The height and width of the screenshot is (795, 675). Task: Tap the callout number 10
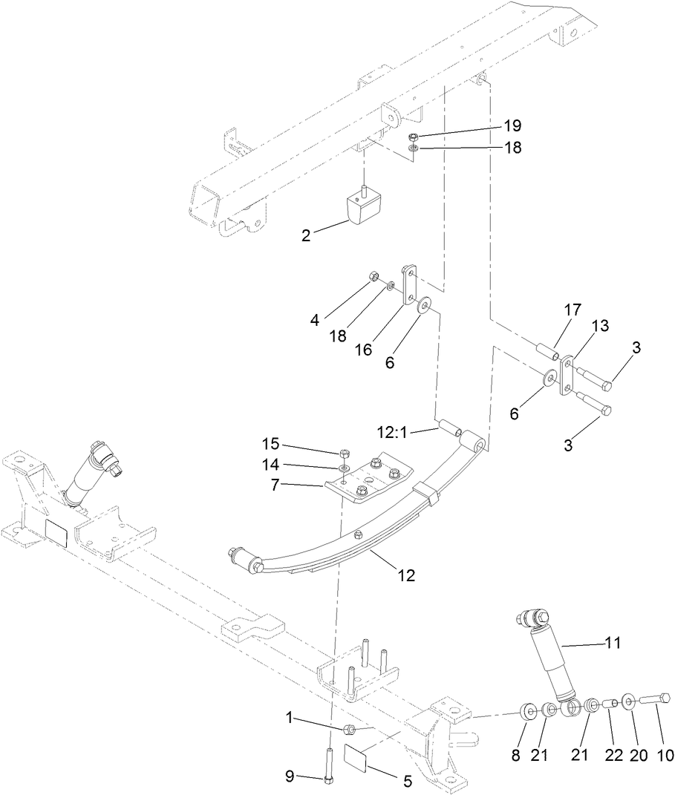pos(664,756)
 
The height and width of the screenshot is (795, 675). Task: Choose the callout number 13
pos(599,326)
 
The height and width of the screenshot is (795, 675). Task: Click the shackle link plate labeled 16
pos(409,285)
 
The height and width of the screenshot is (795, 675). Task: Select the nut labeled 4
pos(375,278)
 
